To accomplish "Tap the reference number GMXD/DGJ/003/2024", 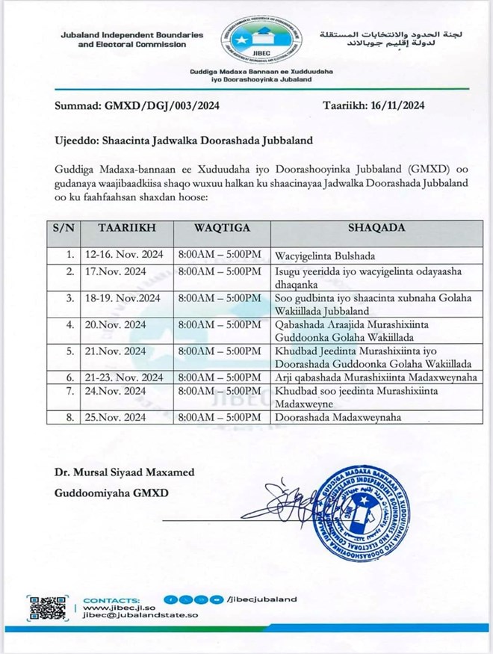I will point(160,105).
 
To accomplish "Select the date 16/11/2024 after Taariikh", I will point(397,105).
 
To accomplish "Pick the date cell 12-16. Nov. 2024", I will point(124,253).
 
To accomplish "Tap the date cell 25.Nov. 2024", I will point(115,416).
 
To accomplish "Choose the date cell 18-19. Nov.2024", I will point(124,297).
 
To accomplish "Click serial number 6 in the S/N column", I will point(69,377).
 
